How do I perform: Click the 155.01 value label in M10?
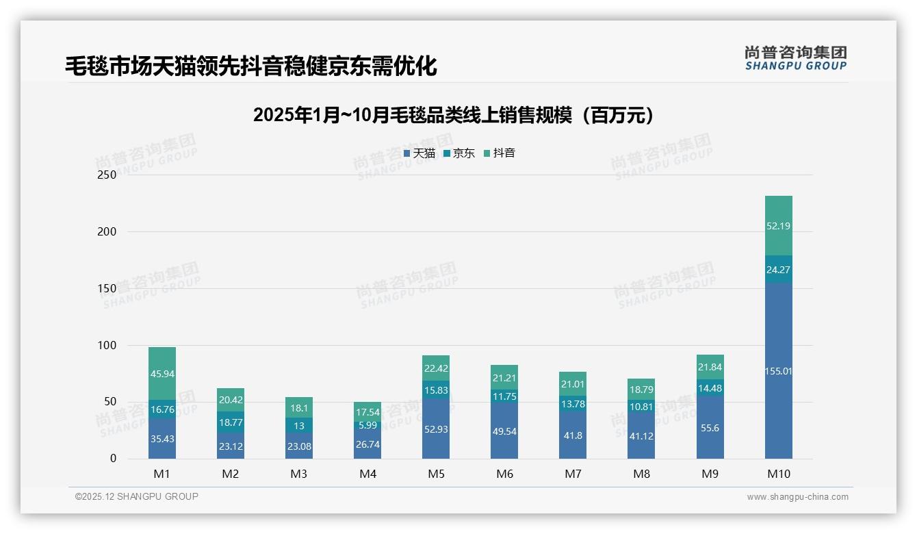click(x=778, y=371)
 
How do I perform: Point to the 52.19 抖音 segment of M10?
click(x=778, y=226)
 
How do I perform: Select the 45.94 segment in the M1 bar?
click(x=162, y=374)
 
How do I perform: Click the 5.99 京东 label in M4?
click(x=367, y=425)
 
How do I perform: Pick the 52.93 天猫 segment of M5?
click(x=436, y=429)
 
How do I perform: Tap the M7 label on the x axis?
click(x=573, y=474)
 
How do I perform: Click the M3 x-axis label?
click(x=299, y=474)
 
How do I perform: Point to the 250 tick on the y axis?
click(x=107, y=175)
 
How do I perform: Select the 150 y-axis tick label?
click(x=107, y=288)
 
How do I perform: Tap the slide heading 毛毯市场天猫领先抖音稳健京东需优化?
click(x=250, y=66)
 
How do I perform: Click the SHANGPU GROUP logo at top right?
click(x=795, y=58)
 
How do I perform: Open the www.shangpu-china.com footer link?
click(x=797, y=497)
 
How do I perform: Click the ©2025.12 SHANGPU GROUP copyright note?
click(x=137, y=496)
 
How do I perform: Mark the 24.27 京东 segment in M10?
click(x=778, y=270)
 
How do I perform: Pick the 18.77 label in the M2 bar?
click(x=231, y=422)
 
